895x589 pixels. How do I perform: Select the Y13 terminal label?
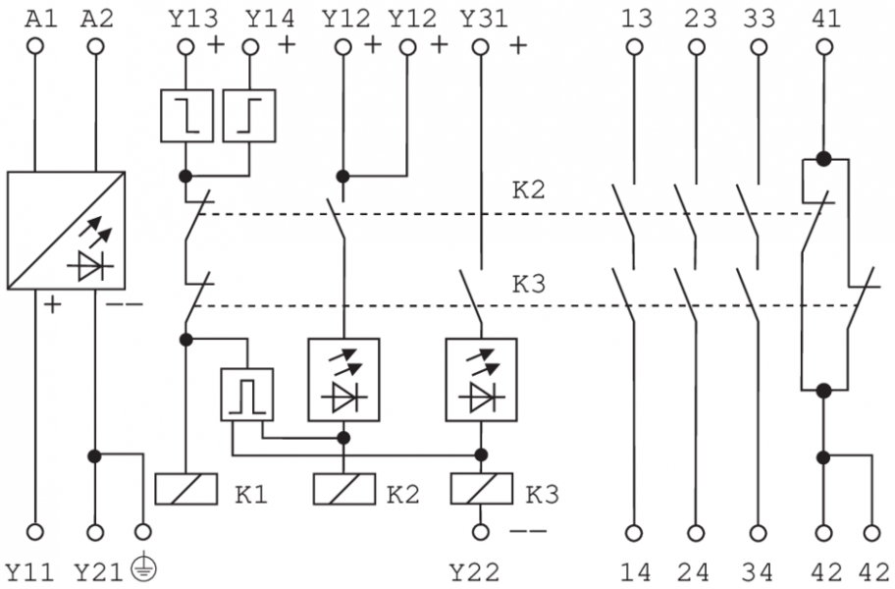[x=187, y=18]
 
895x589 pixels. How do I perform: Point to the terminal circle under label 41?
[x=824, y=45]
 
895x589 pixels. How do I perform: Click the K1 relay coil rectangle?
[x=185, y=489]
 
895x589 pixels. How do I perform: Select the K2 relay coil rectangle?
[x=342, y=489]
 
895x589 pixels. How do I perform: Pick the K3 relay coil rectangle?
[x=481, y=489]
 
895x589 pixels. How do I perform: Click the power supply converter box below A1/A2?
[x=66, y=231]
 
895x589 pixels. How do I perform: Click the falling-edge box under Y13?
[x=186, y=116]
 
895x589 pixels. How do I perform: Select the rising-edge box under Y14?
[x=249, y=116]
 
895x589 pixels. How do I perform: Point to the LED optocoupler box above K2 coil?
[x=342, y=380]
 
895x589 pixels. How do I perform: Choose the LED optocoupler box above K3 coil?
[x=481, y=380]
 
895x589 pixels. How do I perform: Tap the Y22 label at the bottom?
[x=475, y=571]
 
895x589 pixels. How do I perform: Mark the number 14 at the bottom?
[x=636, y=571]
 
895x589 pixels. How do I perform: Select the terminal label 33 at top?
[x=760, y=18]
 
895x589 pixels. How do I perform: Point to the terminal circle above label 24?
[x=698, y=533]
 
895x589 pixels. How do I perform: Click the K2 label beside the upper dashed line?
[x=529, y=189]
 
